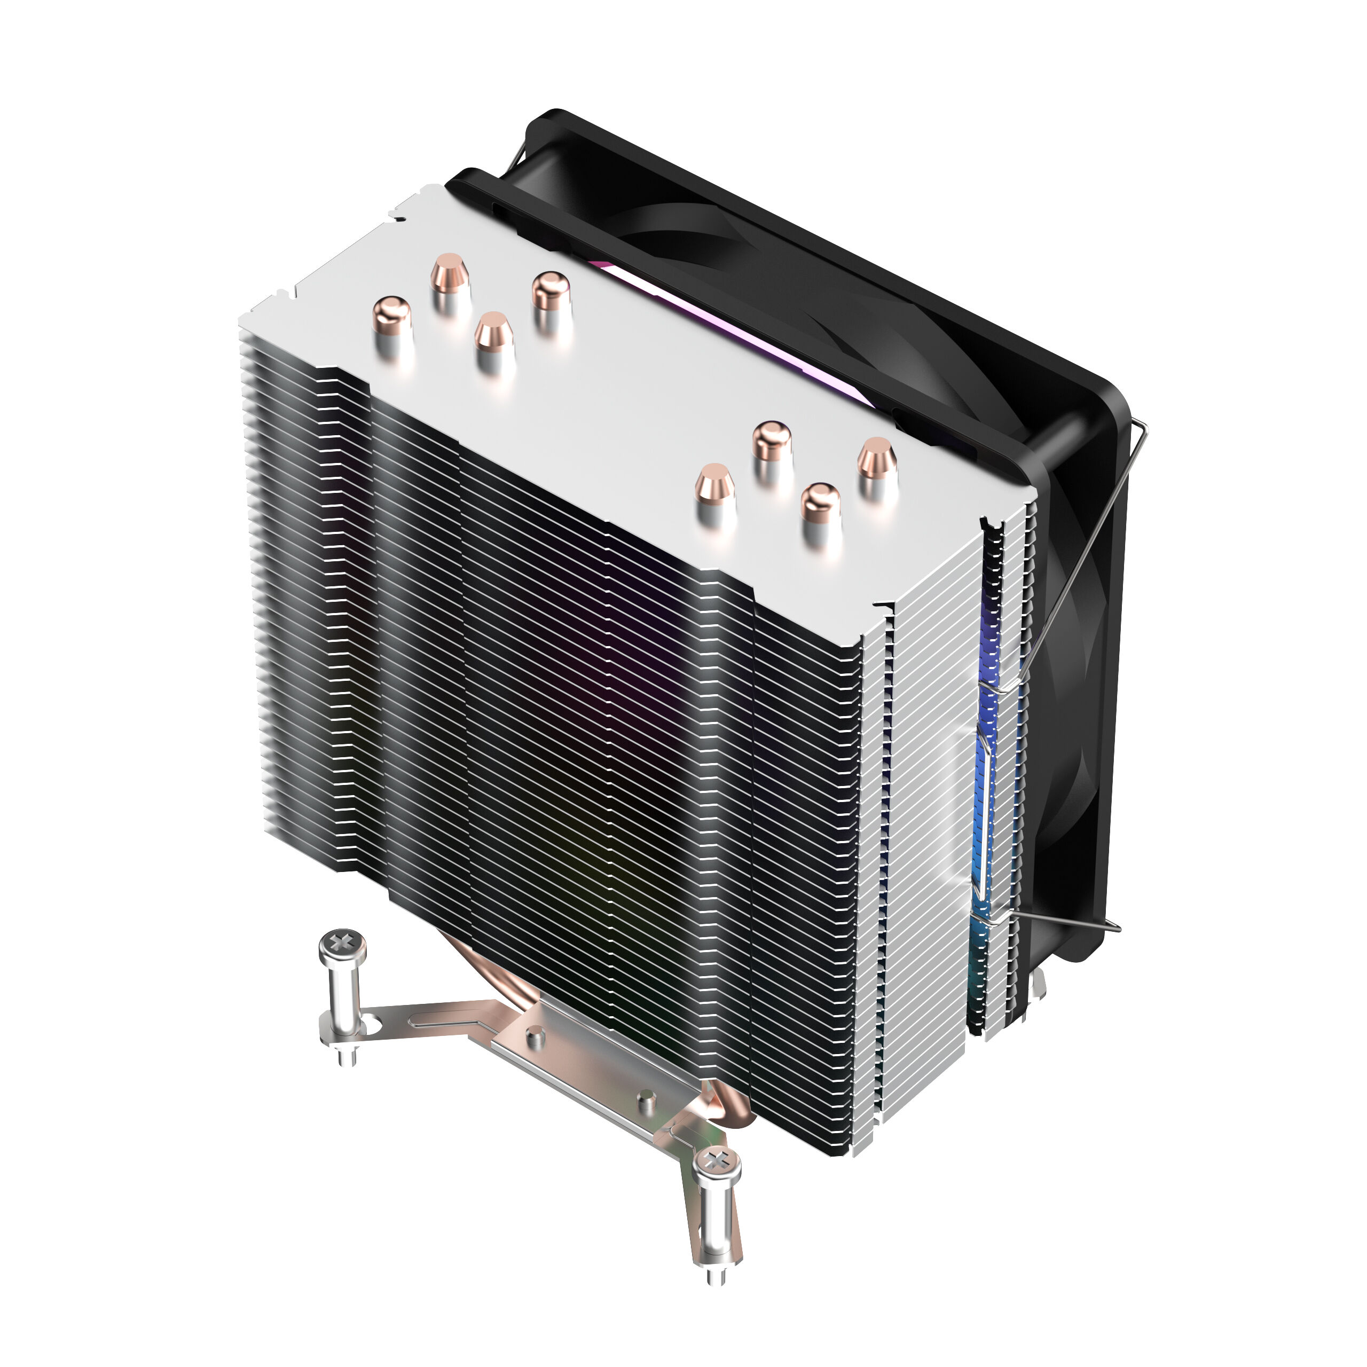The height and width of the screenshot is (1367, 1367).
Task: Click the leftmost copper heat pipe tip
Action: coord(391,316)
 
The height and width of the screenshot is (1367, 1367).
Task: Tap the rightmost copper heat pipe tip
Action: coord(877,457)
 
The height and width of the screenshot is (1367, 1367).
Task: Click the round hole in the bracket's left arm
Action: coord(370,1022)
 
